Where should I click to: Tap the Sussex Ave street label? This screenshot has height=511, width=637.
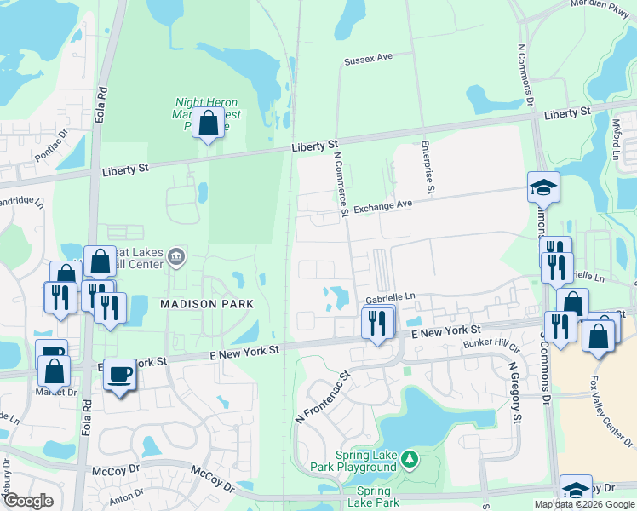368,60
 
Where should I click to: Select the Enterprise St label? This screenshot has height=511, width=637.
428,167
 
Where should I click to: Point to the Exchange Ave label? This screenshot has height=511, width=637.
382,206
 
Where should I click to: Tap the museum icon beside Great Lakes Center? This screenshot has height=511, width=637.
176,255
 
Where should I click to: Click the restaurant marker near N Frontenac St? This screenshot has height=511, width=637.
377,322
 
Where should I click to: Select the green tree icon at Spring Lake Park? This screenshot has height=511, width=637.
410,460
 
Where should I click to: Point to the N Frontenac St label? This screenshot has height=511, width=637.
323,398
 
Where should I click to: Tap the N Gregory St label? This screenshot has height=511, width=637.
514,392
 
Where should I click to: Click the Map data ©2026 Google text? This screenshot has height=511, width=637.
584,504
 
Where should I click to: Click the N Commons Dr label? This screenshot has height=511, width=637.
524,77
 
